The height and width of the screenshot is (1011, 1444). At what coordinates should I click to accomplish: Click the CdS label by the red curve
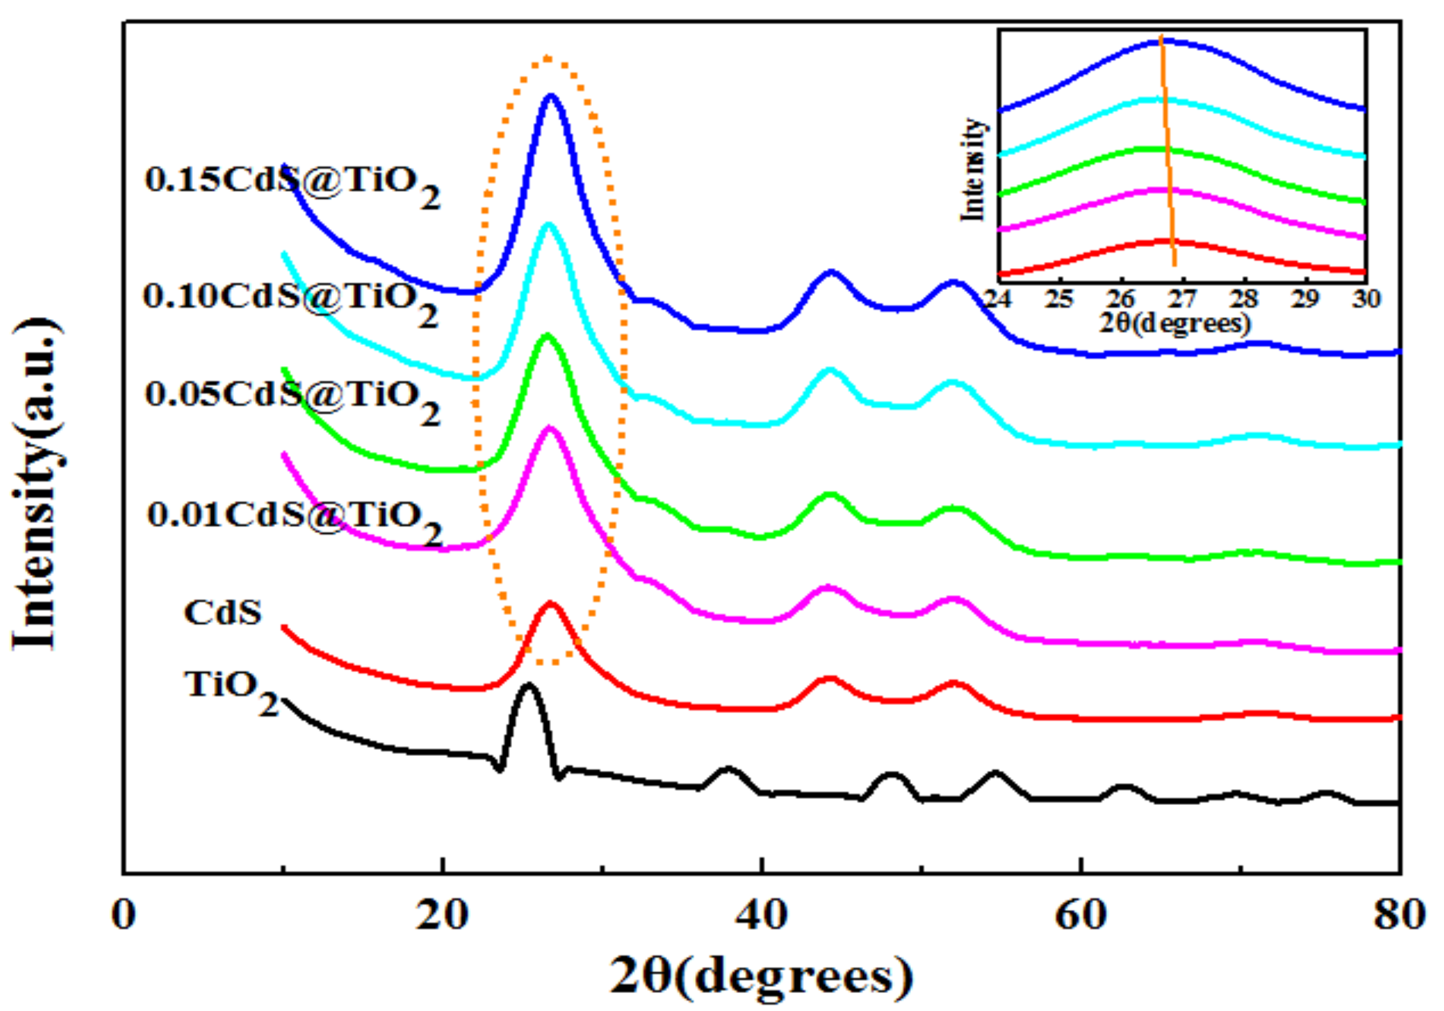point(223,612)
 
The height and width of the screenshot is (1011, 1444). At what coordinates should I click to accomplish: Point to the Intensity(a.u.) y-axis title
point(38,485)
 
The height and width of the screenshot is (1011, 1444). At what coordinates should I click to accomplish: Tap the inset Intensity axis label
point(972,170)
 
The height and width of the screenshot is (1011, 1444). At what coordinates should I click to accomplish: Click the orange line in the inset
point(1167,151)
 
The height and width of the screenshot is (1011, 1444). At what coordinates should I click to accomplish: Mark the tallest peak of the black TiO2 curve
point(528,685)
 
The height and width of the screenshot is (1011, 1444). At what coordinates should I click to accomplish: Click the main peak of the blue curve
point(552,96)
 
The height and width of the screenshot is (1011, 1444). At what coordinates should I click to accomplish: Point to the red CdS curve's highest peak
point(551,603)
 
